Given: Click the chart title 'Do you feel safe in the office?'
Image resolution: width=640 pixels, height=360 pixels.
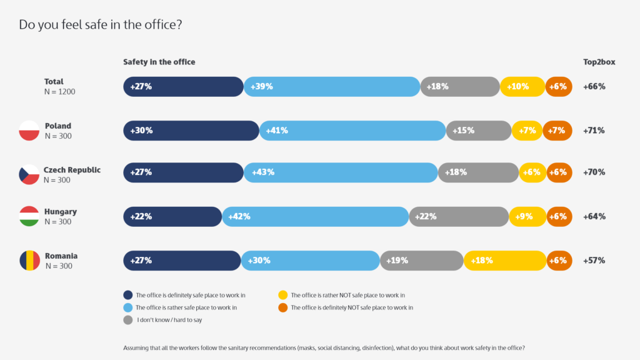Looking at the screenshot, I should coord(101,25).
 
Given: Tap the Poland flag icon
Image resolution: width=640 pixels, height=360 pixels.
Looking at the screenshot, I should coord(29,131).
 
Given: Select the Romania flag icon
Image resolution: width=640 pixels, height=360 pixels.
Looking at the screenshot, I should coord(29,261).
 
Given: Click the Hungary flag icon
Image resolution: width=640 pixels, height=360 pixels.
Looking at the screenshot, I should coord(29,216).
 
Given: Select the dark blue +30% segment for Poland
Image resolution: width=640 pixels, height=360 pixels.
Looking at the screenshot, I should coord(191,131).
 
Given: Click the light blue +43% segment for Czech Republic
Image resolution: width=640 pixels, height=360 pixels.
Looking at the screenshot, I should coord(341,172).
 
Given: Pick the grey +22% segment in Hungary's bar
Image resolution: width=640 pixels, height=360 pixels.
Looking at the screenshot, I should coord(459,216).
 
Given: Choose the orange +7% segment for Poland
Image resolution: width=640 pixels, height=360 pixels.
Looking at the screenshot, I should coord(557,131).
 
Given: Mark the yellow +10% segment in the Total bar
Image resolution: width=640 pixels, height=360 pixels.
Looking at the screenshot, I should coord(522,87).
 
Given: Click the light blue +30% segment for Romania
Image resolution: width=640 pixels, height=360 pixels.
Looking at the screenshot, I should coord(311,261).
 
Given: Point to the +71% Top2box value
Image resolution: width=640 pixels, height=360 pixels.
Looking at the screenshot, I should coord(594,131).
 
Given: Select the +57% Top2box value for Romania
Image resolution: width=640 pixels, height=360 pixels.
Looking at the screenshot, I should coord(594,261).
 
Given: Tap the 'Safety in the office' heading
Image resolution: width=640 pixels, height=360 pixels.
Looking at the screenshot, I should coord(159,62).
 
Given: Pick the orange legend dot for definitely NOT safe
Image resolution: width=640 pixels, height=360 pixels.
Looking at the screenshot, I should coord(283,307).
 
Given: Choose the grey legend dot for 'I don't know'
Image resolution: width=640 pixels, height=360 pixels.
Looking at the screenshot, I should coord(128,320).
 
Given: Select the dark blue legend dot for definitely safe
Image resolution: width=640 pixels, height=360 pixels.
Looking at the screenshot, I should coord(128,295).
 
